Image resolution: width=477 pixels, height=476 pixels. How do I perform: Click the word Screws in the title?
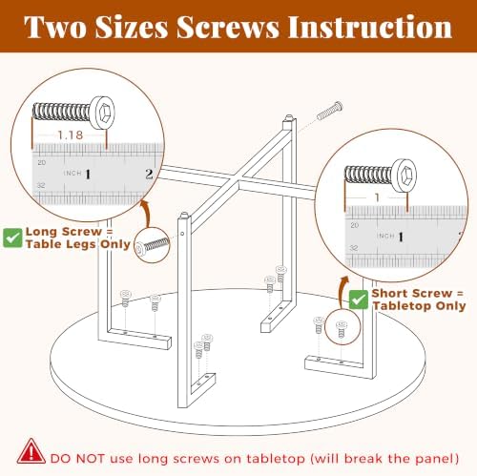point(228,27)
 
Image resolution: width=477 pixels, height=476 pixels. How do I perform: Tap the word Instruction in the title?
point(370,27)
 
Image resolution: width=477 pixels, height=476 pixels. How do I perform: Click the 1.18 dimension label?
point(71,135)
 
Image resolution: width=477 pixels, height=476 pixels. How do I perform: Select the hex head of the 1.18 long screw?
point(102,113)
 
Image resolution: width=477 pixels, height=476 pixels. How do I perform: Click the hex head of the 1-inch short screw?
point(404,176)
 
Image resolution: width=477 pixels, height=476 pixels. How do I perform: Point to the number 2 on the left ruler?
point(149,174)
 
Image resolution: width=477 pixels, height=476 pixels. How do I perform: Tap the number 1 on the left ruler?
point(88,174)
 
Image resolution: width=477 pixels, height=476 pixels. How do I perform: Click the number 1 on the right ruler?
point(401,237)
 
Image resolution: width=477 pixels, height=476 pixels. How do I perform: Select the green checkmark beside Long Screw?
point(12,238)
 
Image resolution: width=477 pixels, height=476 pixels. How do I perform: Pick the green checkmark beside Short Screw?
point(359,300)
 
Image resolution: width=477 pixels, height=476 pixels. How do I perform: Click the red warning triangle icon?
point(31,451)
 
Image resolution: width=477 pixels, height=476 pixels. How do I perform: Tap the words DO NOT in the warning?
point(77,459)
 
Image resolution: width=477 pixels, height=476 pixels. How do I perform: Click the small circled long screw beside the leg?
point(152,245)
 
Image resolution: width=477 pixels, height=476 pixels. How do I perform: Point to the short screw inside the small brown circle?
point(342,329)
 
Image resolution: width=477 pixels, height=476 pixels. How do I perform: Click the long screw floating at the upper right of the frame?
point(330,111)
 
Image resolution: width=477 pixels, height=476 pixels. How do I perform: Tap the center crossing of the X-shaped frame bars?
point(239,182)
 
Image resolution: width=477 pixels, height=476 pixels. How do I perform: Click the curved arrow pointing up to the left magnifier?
point(146,213)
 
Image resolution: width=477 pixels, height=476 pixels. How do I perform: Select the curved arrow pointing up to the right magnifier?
point(343,292)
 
